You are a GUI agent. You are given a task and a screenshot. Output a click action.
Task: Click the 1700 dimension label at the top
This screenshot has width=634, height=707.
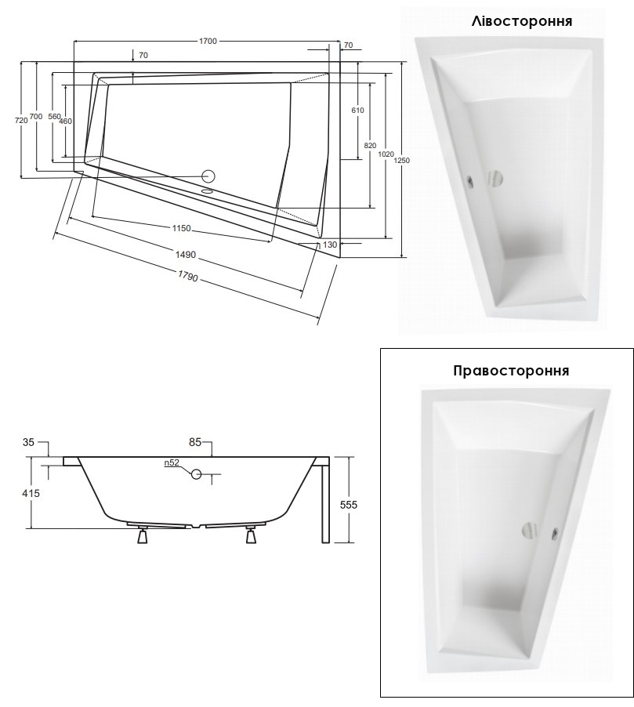tap(208, 41)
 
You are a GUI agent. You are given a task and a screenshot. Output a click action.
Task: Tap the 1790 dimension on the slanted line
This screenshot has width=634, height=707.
tap(187, 275)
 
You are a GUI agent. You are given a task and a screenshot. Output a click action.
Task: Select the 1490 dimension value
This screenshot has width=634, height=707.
tap(185, 255)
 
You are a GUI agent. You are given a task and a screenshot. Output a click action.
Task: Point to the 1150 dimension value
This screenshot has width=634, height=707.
tap(181, 229)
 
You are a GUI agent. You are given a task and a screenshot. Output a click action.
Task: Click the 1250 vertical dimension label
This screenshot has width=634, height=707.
tap(401, 161)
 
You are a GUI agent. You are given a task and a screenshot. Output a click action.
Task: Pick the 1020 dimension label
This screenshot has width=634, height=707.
tap(386, 154)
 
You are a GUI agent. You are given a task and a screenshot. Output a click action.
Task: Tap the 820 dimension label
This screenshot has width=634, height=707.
tap(370, 145)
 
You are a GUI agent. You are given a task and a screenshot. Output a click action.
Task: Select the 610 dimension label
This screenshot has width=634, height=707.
tap(357, 110)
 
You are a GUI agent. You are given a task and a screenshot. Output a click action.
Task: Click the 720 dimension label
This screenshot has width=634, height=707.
tap(21, 120)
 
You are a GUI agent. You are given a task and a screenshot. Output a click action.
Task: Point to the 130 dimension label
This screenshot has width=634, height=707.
tap(331, 245)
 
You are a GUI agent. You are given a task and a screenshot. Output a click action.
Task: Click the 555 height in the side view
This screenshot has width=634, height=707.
tap(348, 505)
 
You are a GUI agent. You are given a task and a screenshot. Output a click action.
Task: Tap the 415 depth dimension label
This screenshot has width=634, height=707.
tap(31, 493)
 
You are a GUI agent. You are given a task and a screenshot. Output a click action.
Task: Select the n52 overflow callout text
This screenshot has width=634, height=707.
tap(172, 462)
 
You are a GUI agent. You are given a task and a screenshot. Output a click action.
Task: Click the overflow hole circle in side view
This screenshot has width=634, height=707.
tap(196, 474)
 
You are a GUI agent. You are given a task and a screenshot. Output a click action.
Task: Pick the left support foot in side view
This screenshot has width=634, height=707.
tap(143, 535)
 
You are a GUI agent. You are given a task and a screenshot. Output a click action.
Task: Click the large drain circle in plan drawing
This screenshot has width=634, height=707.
tap(208, 176)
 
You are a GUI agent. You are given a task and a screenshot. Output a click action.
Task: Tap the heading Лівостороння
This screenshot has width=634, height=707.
tap(522, 21)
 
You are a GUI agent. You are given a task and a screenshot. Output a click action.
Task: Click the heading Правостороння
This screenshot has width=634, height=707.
tap(511, 371)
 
